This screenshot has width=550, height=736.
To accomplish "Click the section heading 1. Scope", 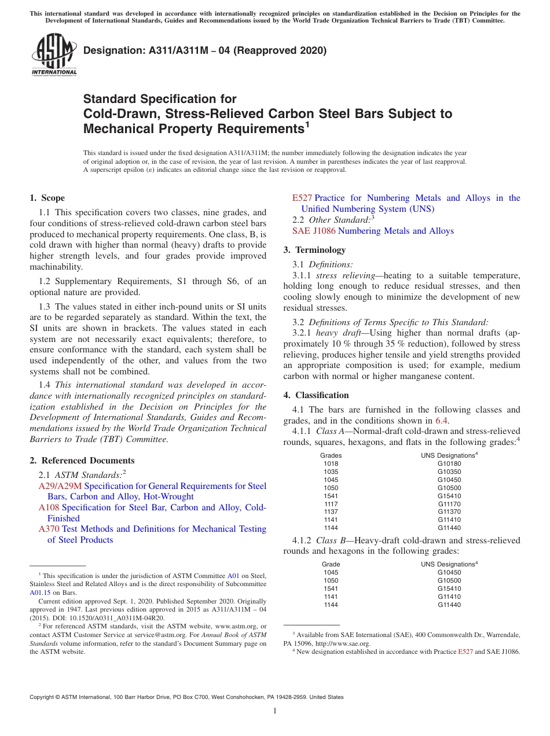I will pos(47,198).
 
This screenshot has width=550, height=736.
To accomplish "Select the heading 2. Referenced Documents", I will pos(82,461).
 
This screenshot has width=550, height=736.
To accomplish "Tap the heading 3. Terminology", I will pos(314,250).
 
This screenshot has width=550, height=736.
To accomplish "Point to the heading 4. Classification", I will pos(316,395).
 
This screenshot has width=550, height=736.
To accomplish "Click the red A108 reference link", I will pos(49,507).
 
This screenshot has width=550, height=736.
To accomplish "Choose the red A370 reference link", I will pos(49,529).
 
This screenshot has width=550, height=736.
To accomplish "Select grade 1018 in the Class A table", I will pos(331,463).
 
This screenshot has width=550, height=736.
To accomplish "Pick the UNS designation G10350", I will pos(449,472).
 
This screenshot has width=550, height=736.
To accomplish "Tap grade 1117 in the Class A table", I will pos(331,504).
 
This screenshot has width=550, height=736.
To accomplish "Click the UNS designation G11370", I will pos(449,512).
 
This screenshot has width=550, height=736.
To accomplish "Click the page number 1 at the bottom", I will pos(275,711).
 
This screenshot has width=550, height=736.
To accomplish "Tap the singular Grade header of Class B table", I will pos(331,564).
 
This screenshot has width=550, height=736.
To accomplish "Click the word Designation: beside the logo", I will pos(113,50).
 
